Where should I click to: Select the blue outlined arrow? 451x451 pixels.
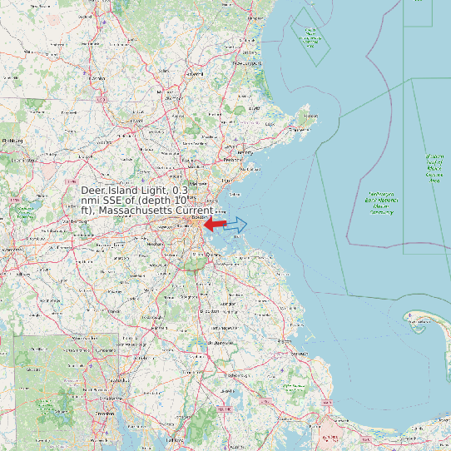[236, 224]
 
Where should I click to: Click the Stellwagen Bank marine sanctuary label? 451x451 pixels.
[381, 203]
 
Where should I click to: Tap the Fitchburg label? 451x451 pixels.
[12, 141]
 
